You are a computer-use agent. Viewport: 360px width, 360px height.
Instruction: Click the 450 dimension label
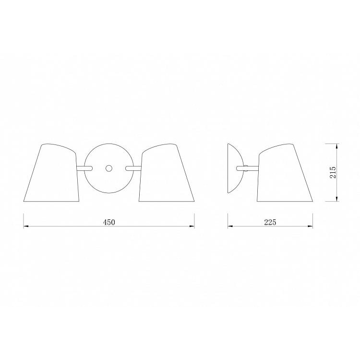click(x=108, y=222)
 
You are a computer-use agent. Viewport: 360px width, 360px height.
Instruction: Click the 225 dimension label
click(x=270, y=222)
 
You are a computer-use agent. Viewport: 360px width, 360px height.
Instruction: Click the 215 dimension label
click(x=333, y=172)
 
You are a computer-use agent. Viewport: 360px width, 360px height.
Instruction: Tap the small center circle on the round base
click(x=109, y=168)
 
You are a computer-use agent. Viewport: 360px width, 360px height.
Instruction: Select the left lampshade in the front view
click(x=52, y=173)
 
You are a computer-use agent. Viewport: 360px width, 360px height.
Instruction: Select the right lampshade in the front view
click(x=167, y=173)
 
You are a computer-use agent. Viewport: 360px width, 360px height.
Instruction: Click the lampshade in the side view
click(x=285, y=173)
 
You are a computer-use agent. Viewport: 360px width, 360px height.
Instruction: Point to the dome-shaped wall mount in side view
click(x=234, y=168)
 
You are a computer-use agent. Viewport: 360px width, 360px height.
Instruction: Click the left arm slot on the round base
click(x=84, y=168)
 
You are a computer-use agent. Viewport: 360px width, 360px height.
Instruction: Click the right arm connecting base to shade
click(x=133, y=168)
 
